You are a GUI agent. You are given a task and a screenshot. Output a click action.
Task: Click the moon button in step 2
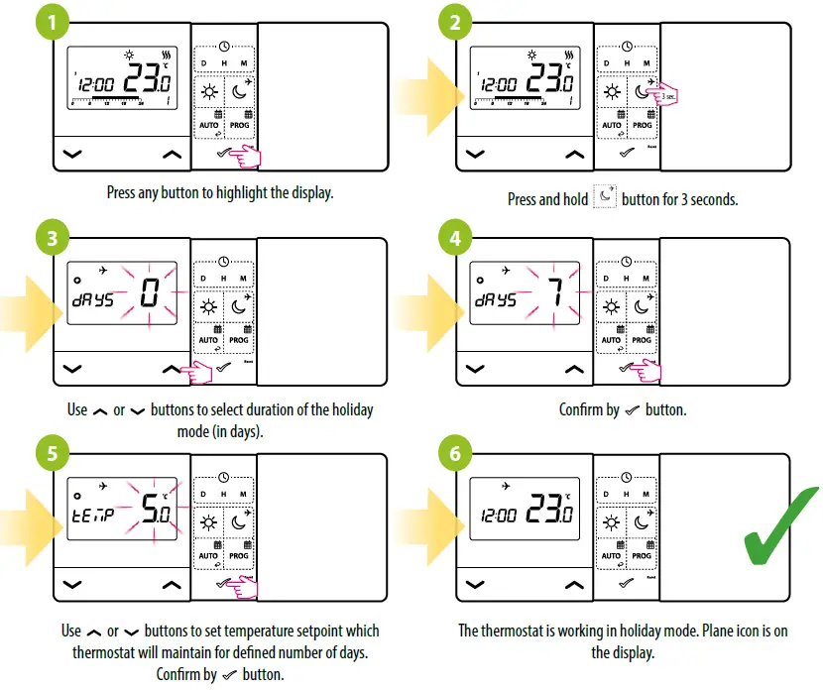(643, 94)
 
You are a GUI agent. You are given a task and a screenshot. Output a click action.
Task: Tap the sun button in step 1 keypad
(208, 94)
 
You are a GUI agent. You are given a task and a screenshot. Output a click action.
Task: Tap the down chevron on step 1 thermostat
(70, 154)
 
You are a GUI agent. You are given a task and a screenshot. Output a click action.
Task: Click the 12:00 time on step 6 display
(499, 517)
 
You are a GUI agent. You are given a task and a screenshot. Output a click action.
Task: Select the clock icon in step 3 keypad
(224, 262)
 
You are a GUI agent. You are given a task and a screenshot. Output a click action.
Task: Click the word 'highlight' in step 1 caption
(221, 192)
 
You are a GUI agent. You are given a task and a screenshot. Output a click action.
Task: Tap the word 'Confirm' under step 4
(581, 408)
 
